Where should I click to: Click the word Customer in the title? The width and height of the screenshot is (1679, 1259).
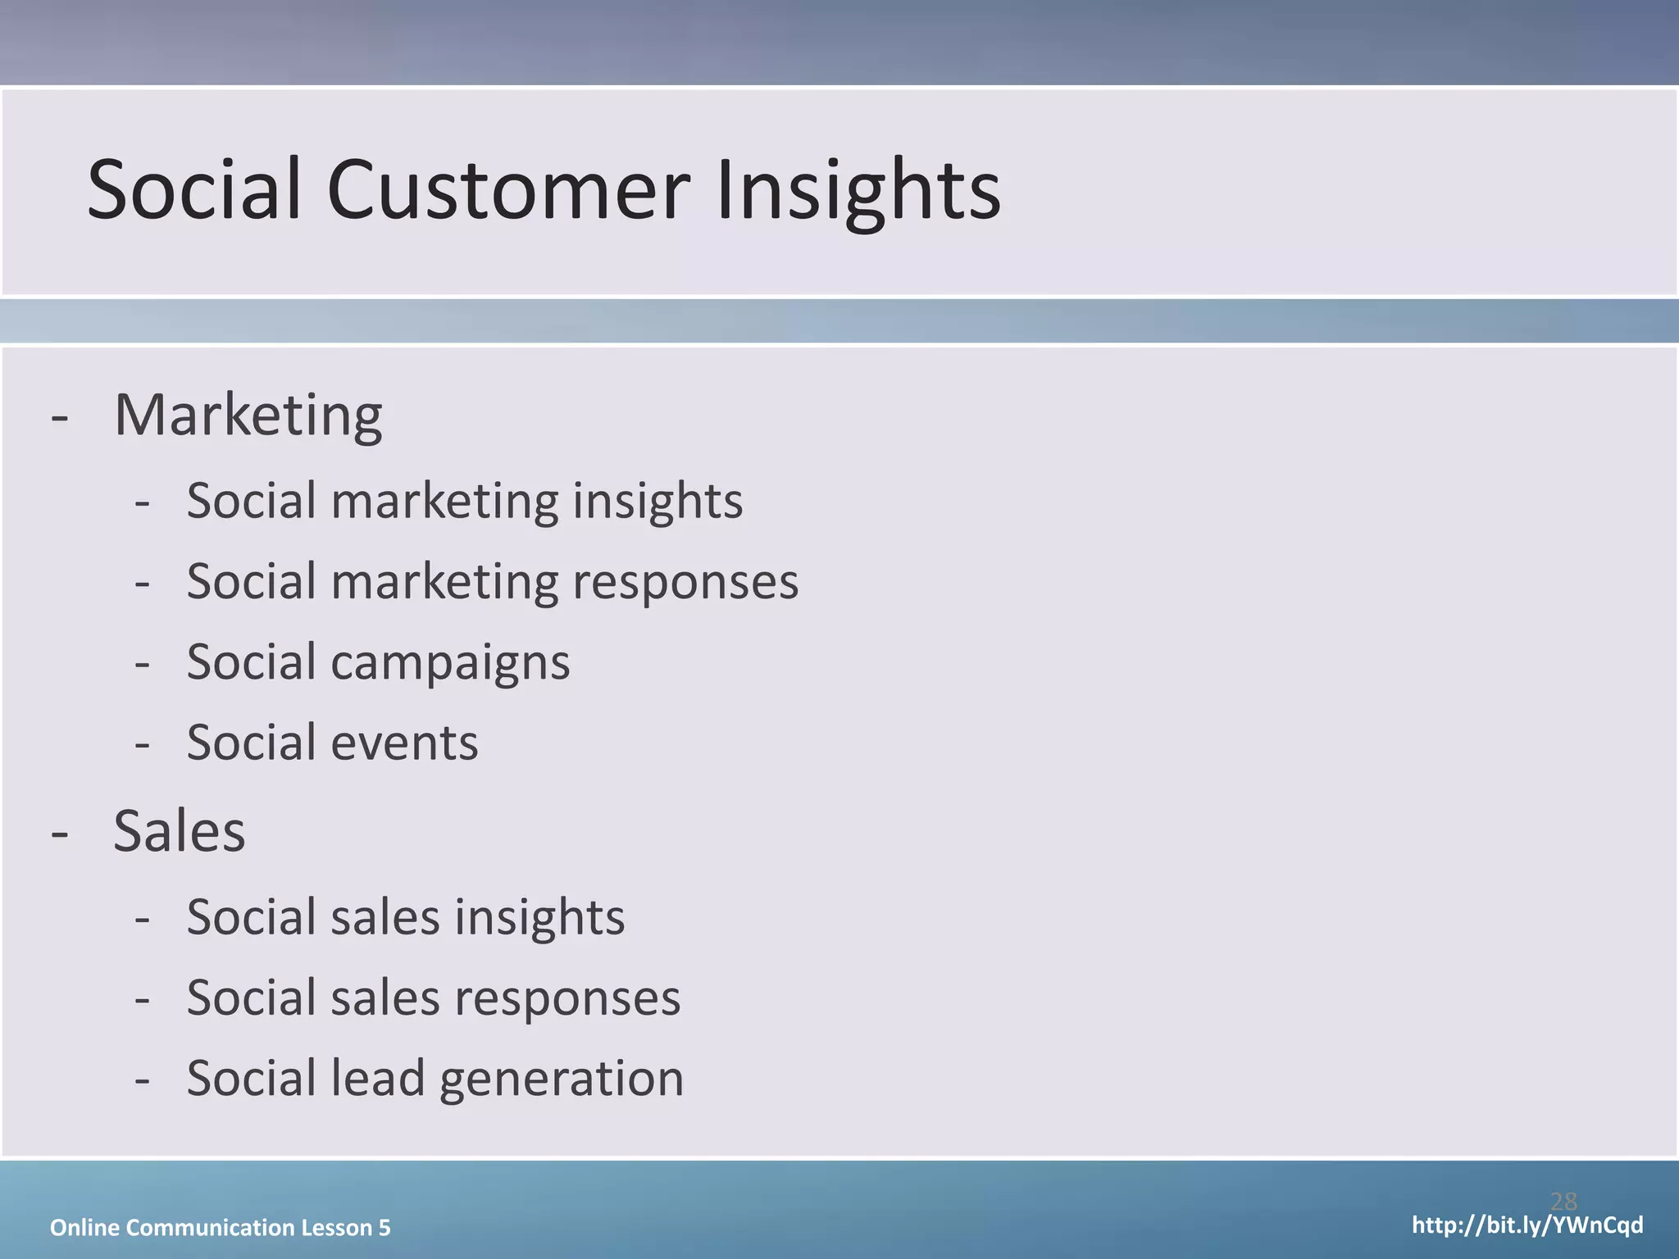tap(508, 190)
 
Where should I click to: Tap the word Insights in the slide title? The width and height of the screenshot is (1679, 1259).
tap(858, 190)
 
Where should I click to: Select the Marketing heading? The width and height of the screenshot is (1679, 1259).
tap(248, 416)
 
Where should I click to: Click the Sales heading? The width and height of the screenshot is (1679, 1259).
tap(179, 831)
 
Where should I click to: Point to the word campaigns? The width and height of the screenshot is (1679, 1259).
tap(450, 662)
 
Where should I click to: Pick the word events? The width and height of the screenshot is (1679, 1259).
tap(404, 743)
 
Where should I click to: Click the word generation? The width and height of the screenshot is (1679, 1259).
tap(562, 1078)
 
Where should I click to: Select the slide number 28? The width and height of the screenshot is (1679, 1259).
tap(1563, 1202)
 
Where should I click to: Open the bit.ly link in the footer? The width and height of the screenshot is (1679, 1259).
tap(1527, 1225)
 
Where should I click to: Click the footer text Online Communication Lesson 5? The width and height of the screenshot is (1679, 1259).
tap(220, 1227)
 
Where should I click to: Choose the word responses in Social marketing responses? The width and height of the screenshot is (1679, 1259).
tap(685, 582)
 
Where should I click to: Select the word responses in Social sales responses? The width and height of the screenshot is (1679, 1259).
tap(566, 998)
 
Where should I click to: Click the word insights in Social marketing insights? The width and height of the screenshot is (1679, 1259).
tap(657, 501)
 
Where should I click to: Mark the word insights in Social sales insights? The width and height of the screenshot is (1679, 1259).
tap(539, 916)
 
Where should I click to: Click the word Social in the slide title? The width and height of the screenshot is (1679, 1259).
tap(194, 190)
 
